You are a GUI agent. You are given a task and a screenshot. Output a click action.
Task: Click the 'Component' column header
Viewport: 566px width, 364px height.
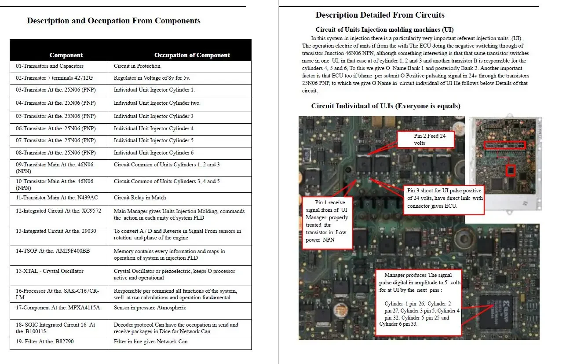(66, 55)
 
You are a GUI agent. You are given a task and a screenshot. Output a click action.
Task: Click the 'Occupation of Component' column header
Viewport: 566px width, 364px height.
(192, 55)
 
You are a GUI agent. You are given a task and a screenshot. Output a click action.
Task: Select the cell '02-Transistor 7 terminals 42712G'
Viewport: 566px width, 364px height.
(55, 78)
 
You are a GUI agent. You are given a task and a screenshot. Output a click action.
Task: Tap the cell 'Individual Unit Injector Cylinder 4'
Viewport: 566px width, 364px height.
(153, 129)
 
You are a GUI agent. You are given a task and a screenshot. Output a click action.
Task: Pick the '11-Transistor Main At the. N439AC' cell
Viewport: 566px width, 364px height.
(57, 198)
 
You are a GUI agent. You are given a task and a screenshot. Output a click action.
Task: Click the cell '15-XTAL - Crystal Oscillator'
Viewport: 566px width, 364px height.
(50, 271)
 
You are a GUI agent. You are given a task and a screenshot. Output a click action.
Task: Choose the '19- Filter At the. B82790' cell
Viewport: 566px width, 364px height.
(45, 342)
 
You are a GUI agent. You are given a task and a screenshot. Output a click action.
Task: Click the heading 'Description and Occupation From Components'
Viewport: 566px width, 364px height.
(113, 21)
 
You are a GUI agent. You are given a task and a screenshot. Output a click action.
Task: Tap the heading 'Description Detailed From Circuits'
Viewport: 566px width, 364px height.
(380, 15)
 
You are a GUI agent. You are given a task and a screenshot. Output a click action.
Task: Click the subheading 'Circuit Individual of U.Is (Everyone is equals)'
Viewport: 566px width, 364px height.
(386, 106)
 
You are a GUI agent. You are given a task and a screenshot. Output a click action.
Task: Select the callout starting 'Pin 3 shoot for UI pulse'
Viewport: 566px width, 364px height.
(444, 199)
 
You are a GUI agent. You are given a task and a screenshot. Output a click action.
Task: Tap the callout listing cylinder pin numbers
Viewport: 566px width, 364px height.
(419, 302)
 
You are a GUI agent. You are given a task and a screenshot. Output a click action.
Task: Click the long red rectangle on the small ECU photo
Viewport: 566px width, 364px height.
(504, 145)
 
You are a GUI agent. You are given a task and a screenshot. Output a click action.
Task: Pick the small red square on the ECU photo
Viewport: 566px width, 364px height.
(510, 170)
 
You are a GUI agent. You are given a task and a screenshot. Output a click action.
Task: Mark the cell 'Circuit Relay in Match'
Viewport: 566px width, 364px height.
(140, 198)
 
